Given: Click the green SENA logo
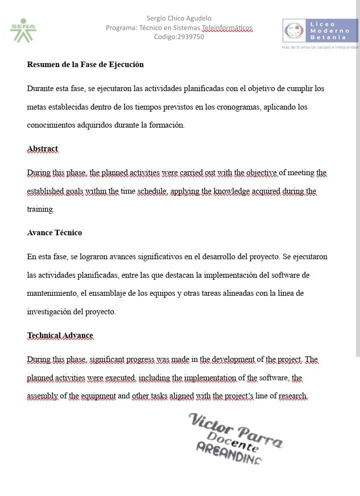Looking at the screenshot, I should [x=23, y=31].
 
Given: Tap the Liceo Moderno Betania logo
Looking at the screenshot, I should [x=320, y=31].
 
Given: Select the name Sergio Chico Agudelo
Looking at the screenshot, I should [x=179, y=19].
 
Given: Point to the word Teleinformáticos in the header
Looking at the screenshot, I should [x=227, y=28].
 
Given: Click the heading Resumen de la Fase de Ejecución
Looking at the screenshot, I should [x=85, y=64].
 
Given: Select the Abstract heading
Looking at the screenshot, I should [x=43, y=149].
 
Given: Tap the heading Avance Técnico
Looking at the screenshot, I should [x=55, y=233].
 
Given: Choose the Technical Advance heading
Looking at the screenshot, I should [x=60, y=335].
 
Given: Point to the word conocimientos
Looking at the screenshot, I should [x=52, y=125].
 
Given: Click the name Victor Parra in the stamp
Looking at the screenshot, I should [x=235, y=428].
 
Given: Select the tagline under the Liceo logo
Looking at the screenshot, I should [x=320, y=47].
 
